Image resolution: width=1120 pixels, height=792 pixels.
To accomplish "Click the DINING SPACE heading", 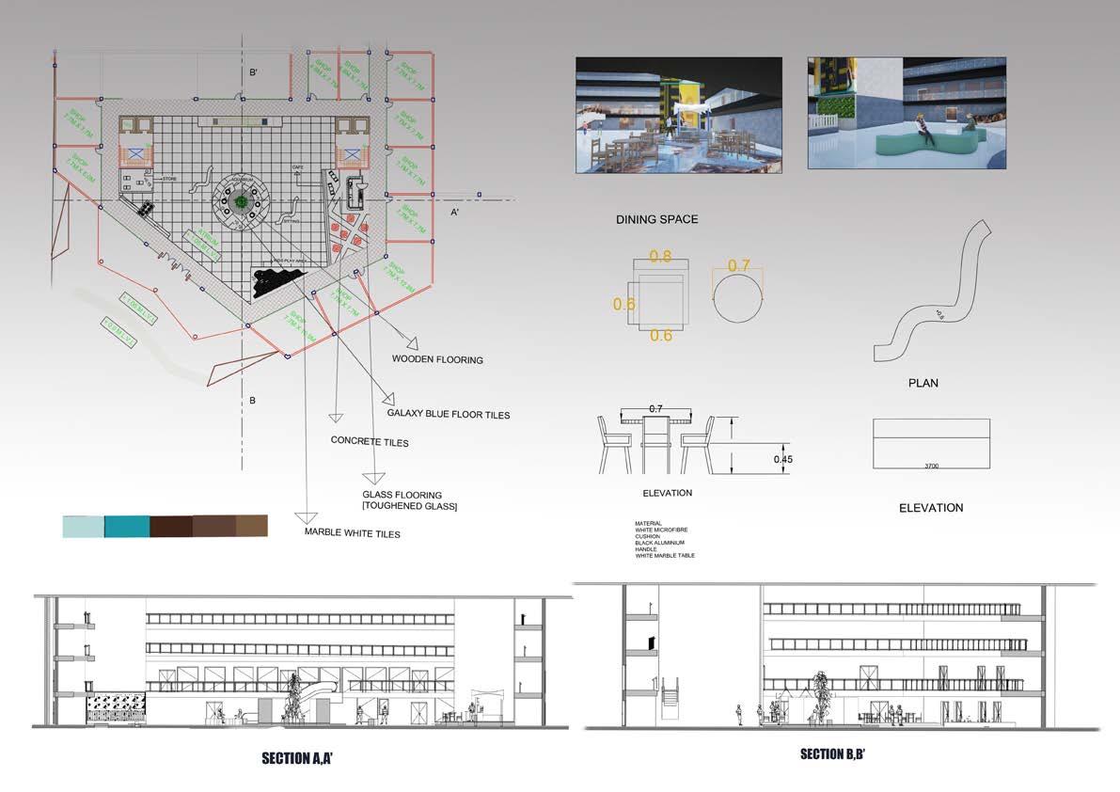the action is pos(656,219).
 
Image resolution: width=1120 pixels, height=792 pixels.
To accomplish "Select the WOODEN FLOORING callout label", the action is pos(437,359).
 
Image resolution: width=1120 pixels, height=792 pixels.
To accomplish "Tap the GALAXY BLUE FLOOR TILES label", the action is pos(449,413).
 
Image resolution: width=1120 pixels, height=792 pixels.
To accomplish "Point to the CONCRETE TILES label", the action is pos(370,441).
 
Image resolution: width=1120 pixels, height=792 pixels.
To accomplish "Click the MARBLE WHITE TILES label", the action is pos(352,533).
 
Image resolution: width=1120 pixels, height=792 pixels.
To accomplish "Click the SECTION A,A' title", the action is pos(297,757).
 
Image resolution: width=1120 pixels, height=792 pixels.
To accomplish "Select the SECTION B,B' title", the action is pos(840,753).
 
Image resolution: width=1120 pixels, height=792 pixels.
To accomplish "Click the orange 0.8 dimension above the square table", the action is pos(661,256).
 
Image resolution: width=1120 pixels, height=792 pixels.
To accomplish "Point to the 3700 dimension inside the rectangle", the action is pos(931,465).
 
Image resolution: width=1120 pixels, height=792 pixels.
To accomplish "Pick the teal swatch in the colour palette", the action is pos(127,526).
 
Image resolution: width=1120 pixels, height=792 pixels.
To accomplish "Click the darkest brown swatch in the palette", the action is pos(170,526).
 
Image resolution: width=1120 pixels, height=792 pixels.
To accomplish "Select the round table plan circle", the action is pos(738,294).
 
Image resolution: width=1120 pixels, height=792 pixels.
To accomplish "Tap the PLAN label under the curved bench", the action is pos(923,383).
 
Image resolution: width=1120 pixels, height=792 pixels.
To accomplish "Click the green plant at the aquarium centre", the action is pos(242,201).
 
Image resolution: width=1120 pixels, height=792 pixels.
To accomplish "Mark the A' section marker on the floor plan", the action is pos(454,213).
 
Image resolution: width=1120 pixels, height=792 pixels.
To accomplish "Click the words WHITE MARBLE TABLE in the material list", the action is pos(665,556).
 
